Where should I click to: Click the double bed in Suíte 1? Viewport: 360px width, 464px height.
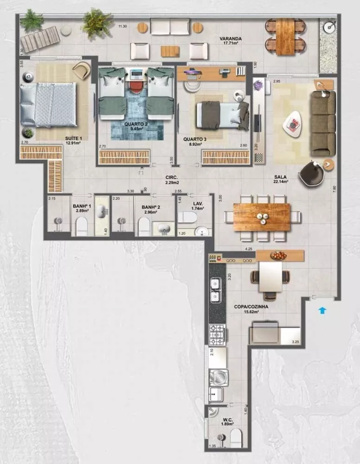coord(48,104)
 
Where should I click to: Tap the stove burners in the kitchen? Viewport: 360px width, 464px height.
coord(217,334)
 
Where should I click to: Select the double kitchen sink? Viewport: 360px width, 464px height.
coord(215,290)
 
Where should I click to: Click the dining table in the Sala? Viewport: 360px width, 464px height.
coord(262,217)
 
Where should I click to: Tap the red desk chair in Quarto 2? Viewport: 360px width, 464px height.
coord(135,87)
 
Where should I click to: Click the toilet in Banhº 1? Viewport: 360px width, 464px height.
coord(82,227)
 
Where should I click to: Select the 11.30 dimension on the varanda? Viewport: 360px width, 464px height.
coord(122,26)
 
